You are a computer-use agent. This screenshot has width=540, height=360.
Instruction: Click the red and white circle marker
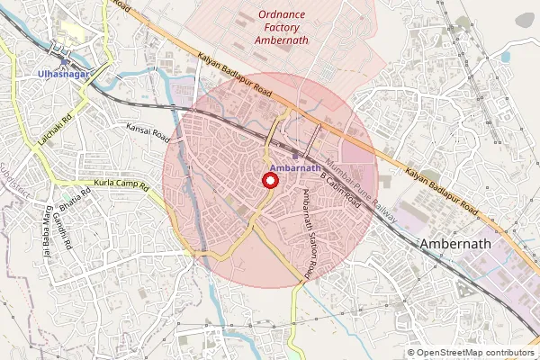tap(268, 180)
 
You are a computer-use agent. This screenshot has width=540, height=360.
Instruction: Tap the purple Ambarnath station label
tap(295, 168)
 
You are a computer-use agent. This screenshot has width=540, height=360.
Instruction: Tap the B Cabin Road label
tap(339, 191)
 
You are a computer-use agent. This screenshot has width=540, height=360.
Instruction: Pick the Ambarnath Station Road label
tap(311, 232)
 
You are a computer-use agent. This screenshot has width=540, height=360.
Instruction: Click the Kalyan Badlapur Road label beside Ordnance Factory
tap(234, 75)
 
